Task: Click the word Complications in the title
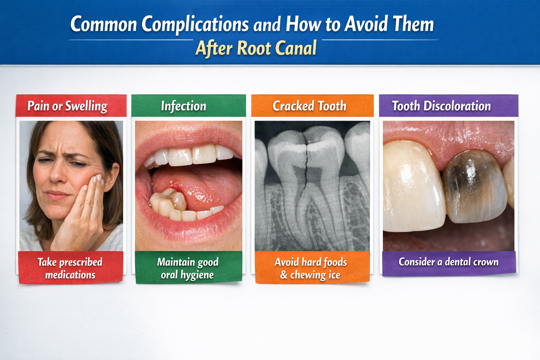point(195,25)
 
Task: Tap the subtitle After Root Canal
point(256,49)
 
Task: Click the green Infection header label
point(184,106)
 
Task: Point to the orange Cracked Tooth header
point(309,106)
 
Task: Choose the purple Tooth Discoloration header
point(441,106)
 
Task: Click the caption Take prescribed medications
point(70,268)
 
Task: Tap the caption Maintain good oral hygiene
point(188,268)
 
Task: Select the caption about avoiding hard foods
point(311,268)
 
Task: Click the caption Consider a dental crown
point(448,262)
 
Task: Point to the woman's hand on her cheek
point(84,211)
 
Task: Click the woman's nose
point(56,174)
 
